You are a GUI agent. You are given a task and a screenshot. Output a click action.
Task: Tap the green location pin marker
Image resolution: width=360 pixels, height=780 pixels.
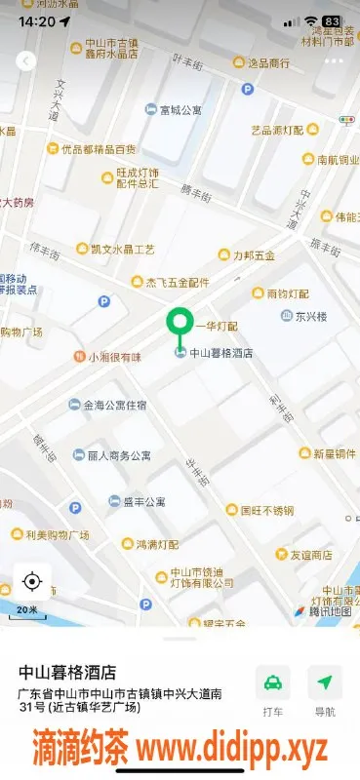coord(180,323)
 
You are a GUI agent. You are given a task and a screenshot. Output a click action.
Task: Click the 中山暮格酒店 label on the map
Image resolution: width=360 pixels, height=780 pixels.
coord(220,354)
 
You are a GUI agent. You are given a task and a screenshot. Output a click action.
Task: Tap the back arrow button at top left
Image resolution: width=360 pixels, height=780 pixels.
coord(26,60)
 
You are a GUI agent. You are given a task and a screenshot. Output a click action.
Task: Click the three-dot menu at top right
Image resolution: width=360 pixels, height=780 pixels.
coord(334,60)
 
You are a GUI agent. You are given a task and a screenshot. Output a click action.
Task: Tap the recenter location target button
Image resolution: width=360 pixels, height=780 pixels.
coord(31,582)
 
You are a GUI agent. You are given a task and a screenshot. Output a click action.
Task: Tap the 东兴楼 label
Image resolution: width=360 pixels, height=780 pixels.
coord(311,316)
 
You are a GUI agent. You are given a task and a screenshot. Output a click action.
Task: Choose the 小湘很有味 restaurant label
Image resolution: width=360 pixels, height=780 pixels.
coord(114,357)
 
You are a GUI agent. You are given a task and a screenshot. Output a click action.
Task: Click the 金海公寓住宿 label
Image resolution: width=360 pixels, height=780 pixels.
coord(114,405)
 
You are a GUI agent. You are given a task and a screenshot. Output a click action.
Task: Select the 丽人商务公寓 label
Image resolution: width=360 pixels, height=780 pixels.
coord(118,455)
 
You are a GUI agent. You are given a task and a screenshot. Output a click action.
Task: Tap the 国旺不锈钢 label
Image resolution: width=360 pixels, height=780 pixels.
coord(266,509)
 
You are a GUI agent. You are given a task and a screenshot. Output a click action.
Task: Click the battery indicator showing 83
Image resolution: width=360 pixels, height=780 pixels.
coord(332,20)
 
